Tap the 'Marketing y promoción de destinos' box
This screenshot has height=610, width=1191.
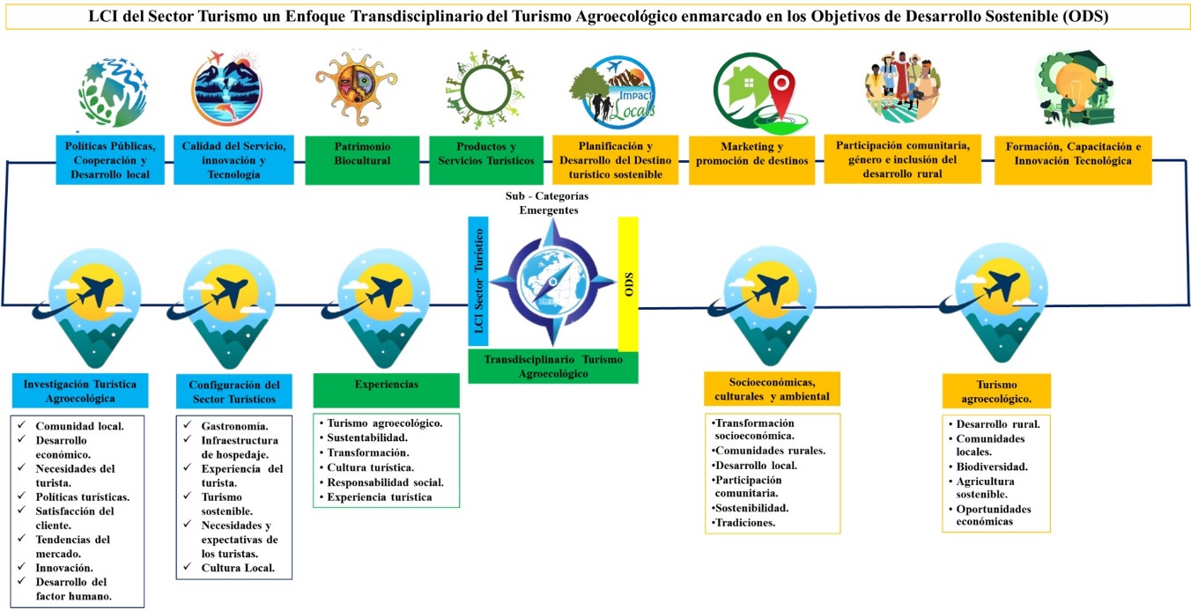[x=750, y=159]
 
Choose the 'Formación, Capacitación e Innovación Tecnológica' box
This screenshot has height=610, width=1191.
[x=1073, y=158]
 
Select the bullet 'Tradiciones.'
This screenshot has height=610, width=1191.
[x=748, y=523]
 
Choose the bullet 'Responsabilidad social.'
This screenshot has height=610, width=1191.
[x=385, y=482]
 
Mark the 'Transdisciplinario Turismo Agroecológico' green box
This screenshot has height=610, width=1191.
[x=552, y=367]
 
